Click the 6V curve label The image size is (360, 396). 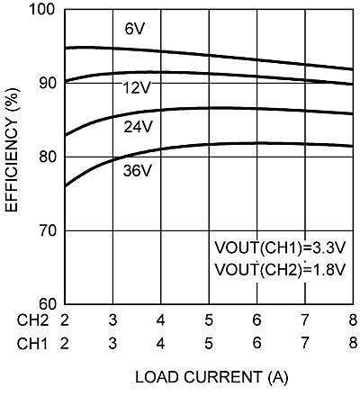point(135,30)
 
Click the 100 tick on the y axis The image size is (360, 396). point(42,9)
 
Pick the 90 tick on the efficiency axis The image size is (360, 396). point(46,83)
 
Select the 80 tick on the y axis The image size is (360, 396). point(46,157)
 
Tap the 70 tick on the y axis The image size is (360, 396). point(46,230)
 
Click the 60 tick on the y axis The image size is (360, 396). point(46,304)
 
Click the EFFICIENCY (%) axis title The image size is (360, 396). point(13,157)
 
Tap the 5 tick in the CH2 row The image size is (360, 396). point(208,320)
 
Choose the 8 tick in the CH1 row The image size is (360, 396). point(352,343)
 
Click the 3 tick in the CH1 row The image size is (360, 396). point(112,343)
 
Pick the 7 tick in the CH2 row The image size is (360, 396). point(304,320)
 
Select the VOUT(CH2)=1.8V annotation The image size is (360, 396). point(274,269)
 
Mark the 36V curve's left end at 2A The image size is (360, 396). point(65,186)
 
